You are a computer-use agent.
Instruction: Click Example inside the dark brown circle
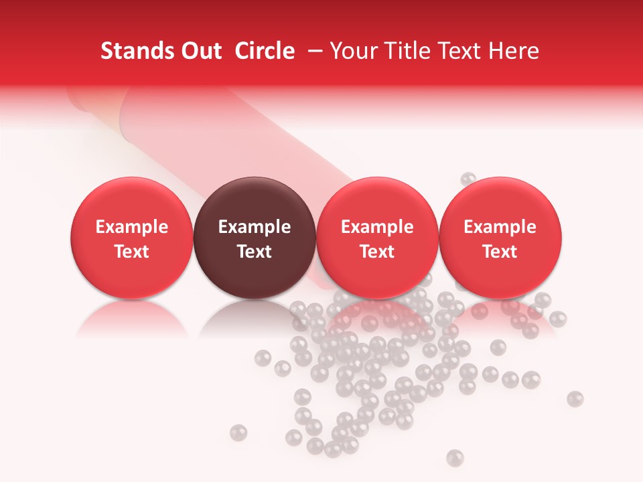[x=255, y=227]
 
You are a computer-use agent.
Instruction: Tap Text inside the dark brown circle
[x=255, y=252]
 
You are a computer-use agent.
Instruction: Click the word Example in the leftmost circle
[x=131, y=227]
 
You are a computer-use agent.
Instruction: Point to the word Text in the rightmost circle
[x=500, y=252]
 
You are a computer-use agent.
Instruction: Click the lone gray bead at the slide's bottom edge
[x=455, y=457]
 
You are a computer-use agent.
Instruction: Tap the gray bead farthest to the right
[x=575, y=399]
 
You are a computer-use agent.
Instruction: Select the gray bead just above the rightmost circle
[x=468, y=179]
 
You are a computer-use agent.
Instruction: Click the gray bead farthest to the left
[x=238, y=433]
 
